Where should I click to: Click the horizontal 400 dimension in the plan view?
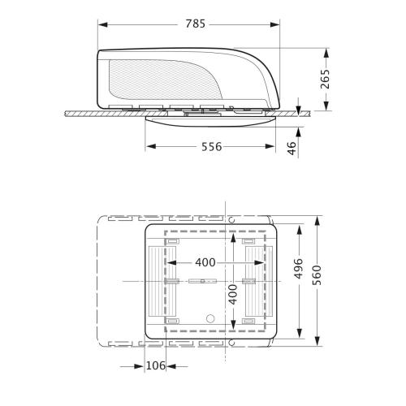(x=206, y=262)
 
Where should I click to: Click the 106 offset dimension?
(x=155, y=366)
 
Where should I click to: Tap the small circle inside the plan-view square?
(x=210, y=318)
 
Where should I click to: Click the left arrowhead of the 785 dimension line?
(x=101, y=24)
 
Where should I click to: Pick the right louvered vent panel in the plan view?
(x=256, y=281)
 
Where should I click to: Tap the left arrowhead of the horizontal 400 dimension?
(x=171, y=262)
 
